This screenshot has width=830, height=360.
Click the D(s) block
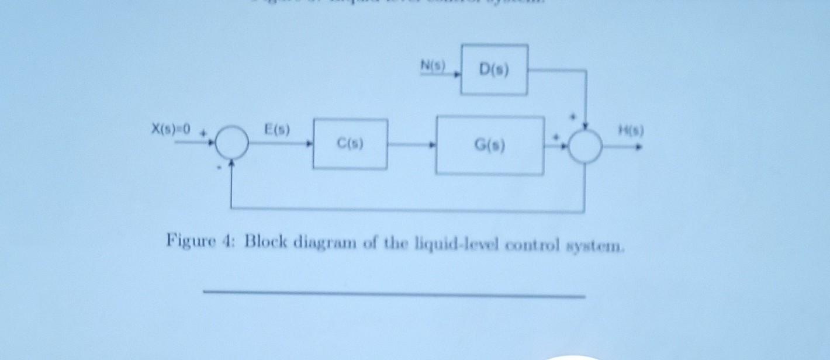[494, 70]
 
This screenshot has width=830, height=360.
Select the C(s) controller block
[350, 144]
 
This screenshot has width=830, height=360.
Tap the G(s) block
[490, 145]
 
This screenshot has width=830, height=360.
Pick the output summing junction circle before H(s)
[585, 146]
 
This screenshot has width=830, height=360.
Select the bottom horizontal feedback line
[409, 209]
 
